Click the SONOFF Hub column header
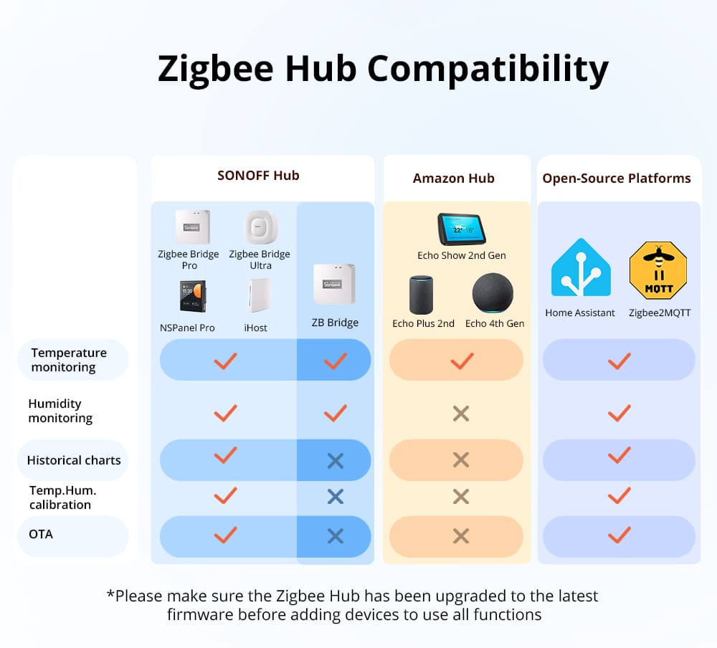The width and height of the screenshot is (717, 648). pyautogui.click(x=258, y=176)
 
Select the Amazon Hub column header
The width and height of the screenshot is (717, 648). pyautogui.click(x=453, y=178)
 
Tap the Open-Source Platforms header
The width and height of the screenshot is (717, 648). pyautogui.click(x=617, y=178)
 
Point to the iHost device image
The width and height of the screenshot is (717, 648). pyautogui.click(x=258, y=295)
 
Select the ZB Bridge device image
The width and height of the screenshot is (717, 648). pyautogui.click(x=334, y=284)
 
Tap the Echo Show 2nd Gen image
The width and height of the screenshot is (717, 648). pyautogui.click(x=461, y=229)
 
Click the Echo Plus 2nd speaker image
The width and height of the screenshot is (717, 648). pyautogui.click(x=422, y=295)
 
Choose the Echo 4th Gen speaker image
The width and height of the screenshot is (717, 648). pyautogui.click(x=493, y=292)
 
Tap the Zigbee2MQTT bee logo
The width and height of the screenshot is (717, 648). pyautogui.click(x=657, y=270)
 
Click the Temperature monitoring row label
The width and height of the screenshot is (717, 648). pyautogui.click(x=69, y=360)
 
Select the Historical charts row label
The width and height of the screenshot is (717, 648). pyautogui.click(x=74, y=460)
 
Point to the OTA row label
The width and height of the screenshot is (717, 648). pyautogui.click(x=41, y=534)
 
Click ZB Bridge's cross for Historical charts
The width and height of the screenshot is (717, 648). pyautogui.click(x=335, y=461)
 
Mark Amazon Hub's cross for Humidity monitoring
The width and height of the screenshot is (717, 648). pyautogui.click(x=460, y=413)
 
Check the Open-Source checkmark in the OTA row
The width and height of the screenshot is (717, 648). pyautogui.click(x=619, y=535)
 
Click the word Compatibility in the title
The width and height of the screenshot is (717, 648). pyautogui.click(x=488, y=70)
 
